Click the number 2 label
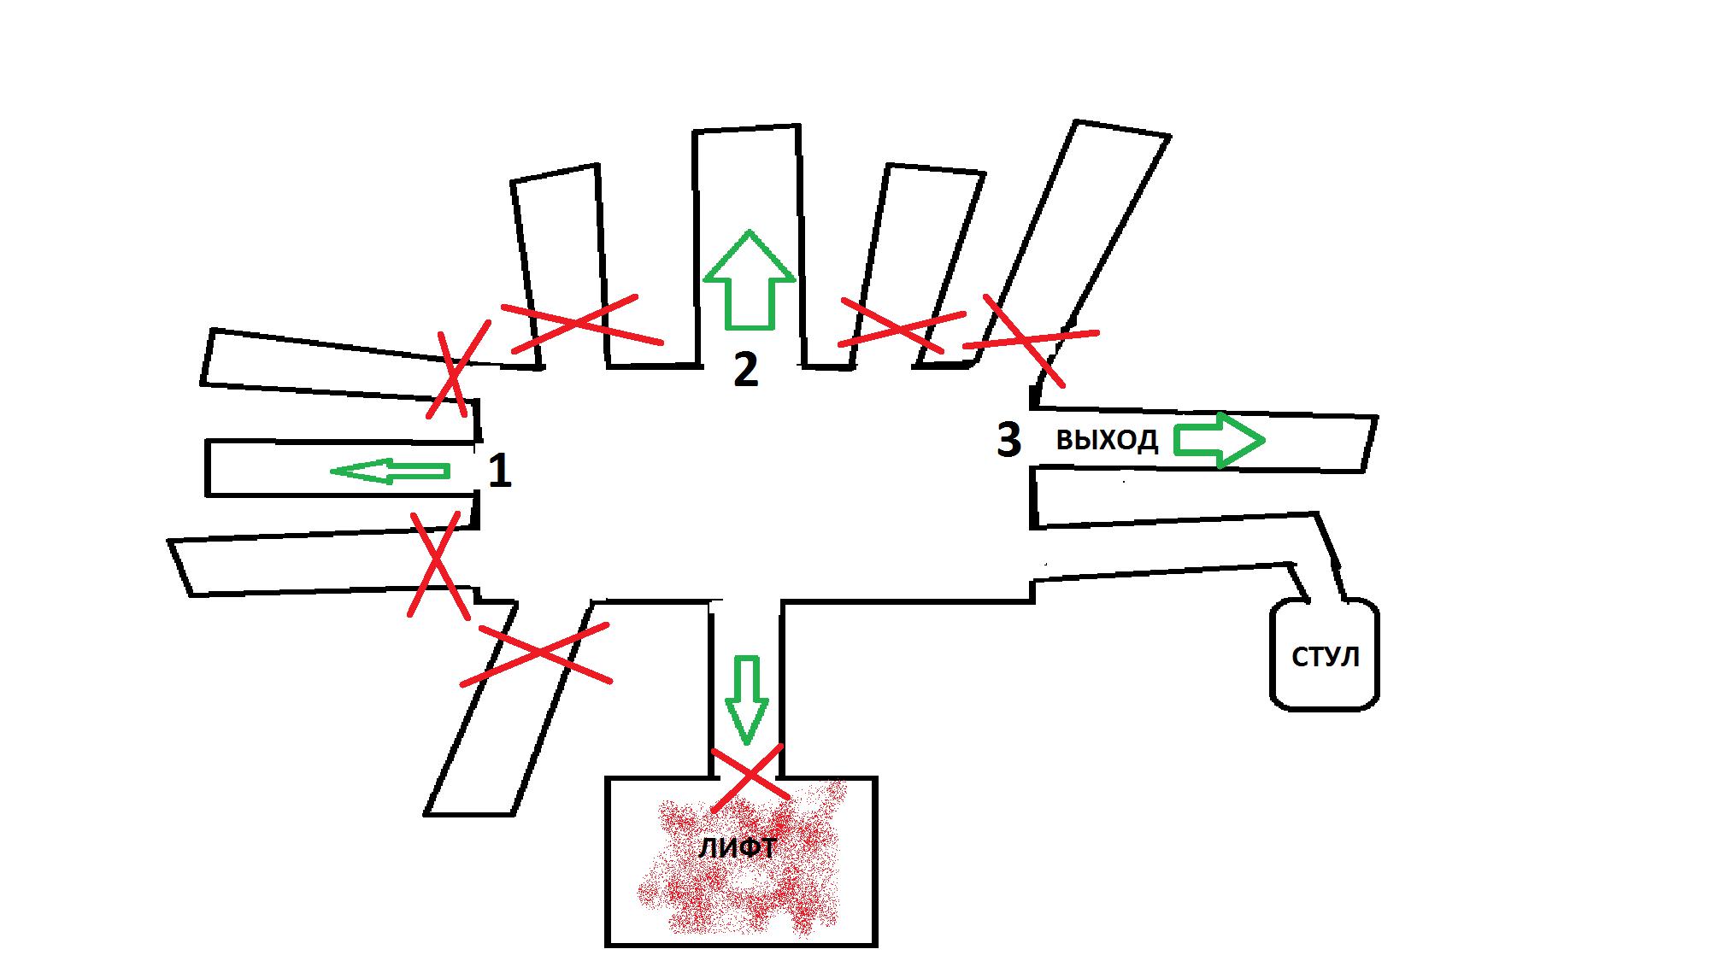[x=746, y=370]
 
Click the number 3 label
[x=1009, y=440]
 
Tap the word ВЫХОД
[x=1107, y=441]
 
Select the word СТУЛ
[x=1325, y=657]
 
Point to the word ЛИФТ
[x=737, y=848]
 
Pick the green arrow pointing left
[x=390, y=470]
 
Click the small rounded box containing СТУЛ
[x=1325, y=653]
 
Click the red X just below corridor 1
[x=438, y=564]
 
